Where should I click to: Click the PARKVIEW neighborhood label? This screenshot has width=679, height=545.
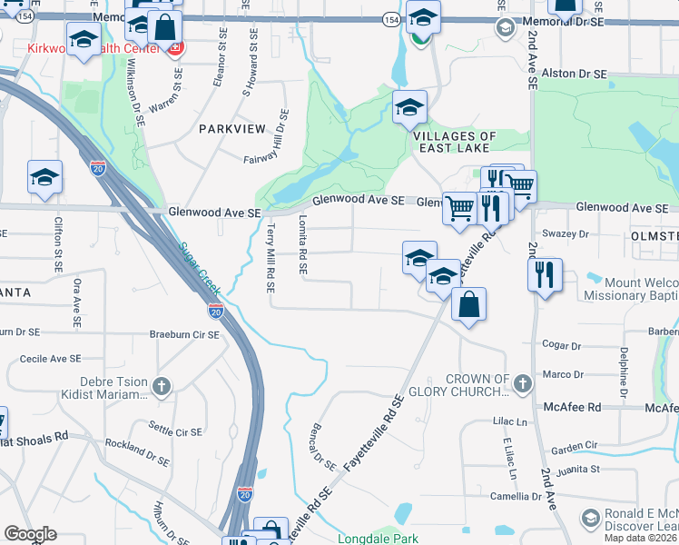pos(231,129)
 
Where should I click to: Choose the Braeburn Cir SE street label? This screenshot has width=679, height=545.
pos(184,335)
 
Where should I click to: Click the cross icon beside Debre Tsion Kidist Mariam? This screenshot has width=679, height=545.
pos(161,387)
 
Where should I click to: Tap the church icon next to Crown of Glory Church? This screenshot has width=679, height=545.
pos(522,385)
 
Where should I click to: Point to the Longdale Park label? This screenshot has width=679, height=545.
pos(376,538)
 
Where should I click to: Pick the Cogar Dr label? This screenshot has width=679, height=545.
pos(561,346)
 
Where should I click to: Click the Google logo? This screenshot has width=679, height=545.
pos(31,534)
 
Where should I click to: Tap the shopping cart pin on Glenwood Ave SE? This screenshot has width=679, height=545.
pos(460,208)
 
